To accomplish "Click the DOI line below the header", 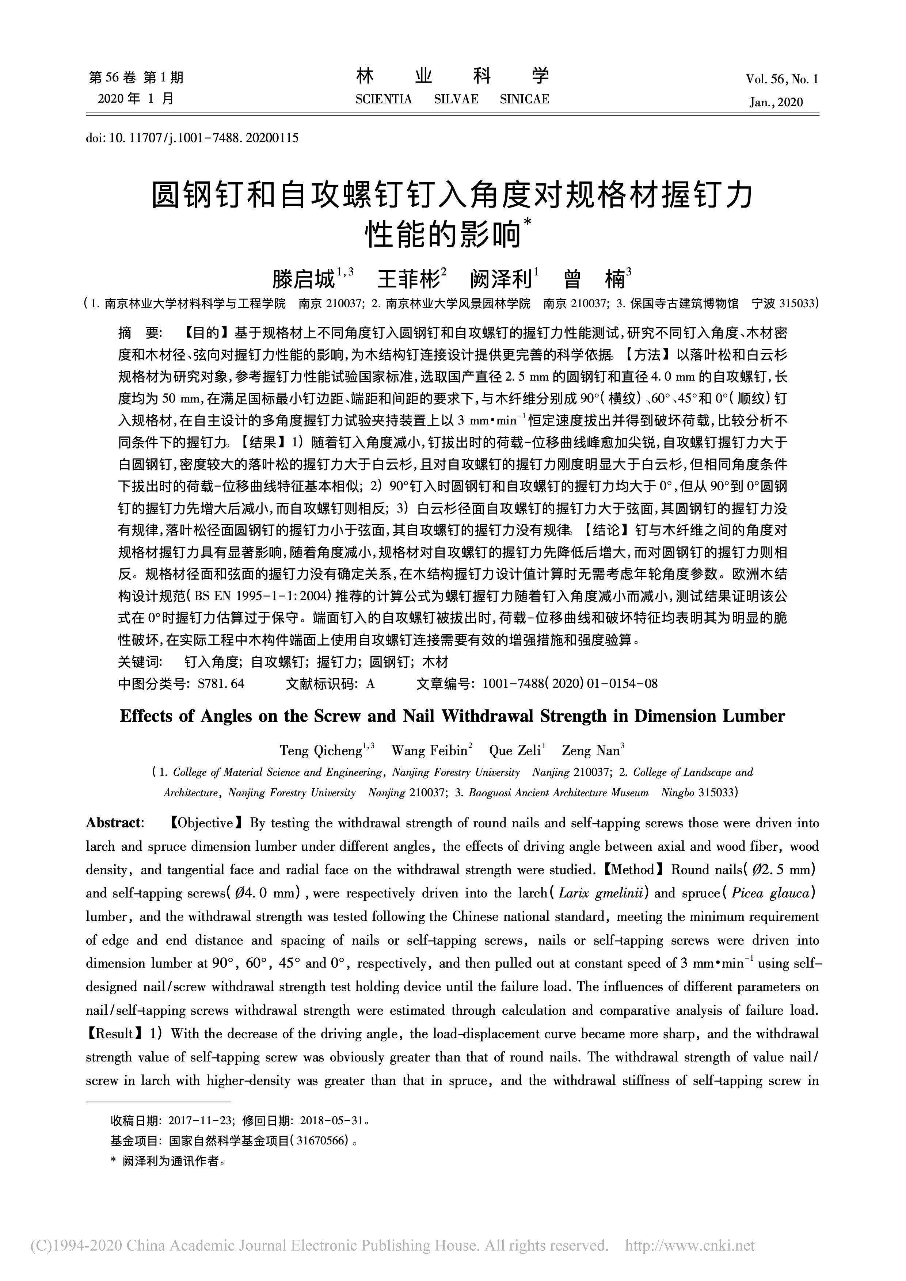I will (193, 137).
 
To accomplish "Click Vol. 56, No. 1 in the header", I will (781, 80).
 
